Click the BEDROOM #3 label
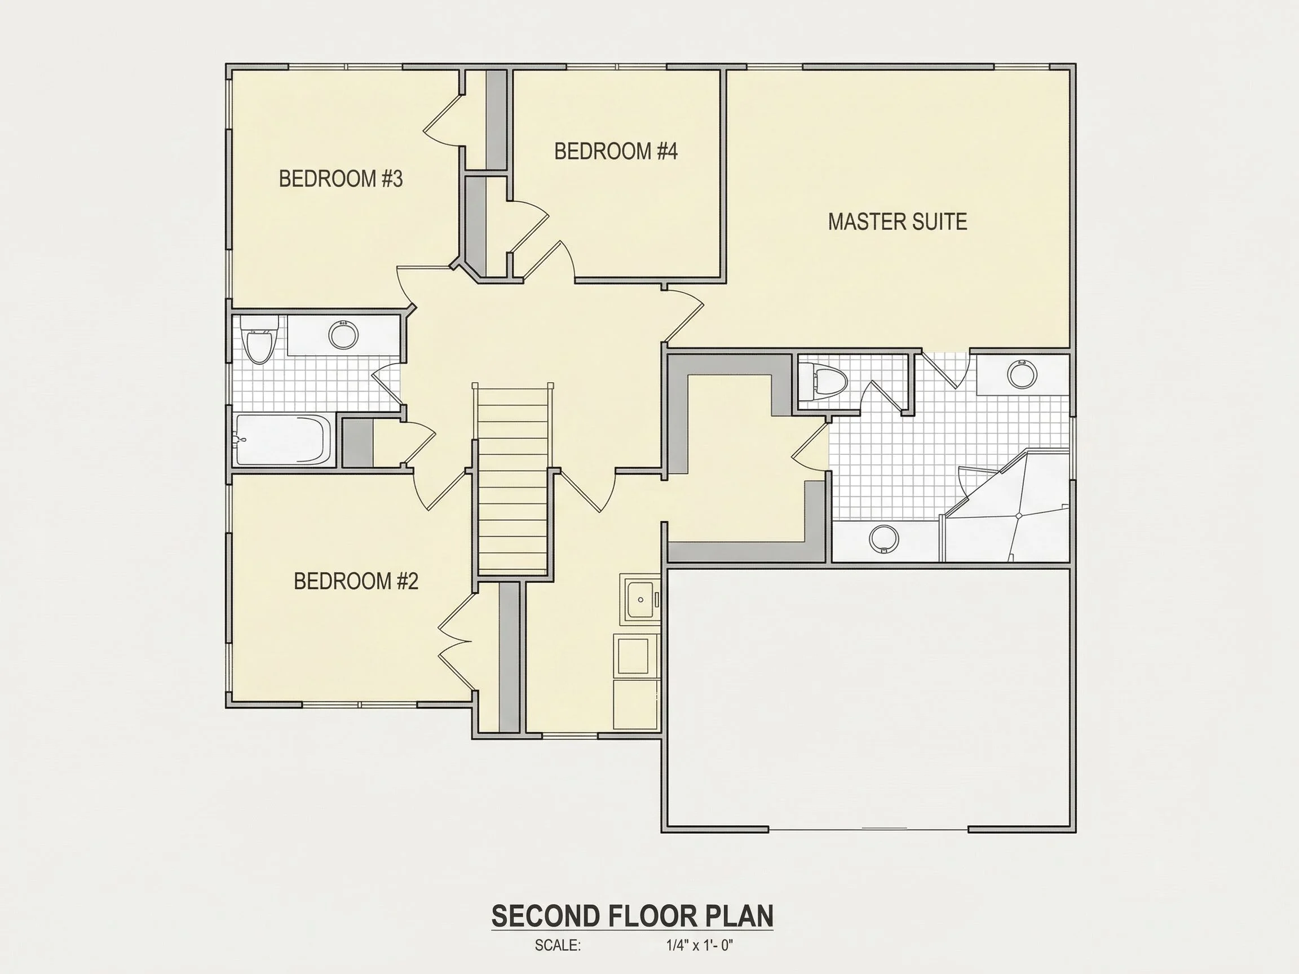click(x=341, y=179)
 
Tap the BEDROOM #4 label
click(x=616, y=152)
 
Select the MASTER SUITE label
click(x=898, y=222)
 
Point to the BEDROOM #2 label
click(x=356, y=581)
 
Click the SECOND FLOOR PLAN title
click(x=633, y=916)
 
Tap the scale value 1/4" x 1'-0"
click(x=700, y=945)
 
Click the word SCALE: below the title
click(x=557, y=945)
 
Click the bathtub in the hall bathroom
click(x=284, y=440)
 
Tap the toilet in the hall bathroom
click(x=259, y=340)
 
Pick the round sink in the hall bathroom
click(x=343, y=335)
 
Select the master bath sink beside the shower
click(x=884, y=538)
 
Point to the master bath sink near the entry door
click(x=1022, y=373)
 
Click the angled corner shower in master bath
click(x=1006, y=507)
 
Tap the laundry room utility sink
click(x=640, y=599)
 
